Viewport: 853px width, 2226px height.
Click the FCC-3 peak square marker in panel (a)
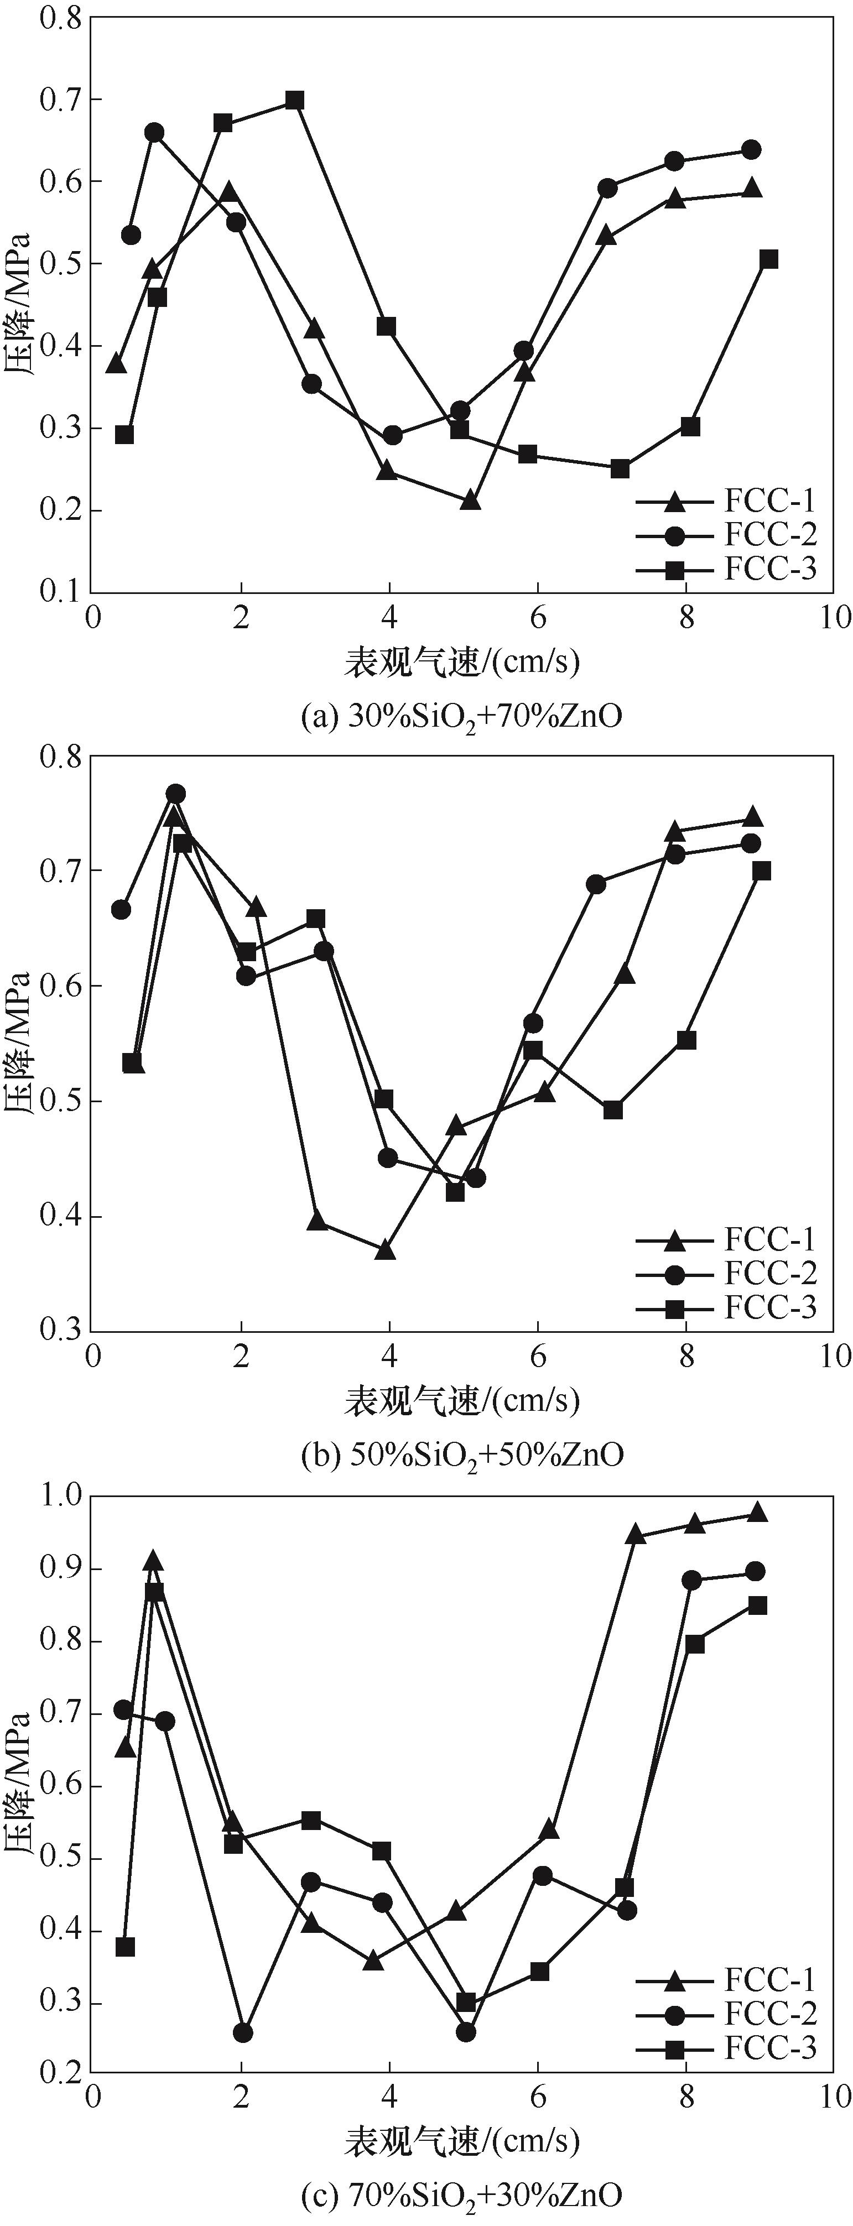click(x=295, y=100)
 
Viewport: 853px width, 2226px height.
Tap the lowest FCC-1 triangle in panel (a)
click(x=470, y=501)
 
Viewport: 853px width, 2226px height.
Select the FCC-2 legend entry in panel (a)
click(x=769, y=535)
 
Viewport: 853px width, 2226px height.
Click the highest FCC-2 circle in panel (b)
click(x=175, y=793)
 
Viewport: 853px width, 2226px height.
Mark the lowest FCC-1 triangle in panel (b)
click(x=386, y=1250)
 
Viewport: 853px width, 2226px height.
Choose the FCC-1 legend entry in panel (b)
click(x=769, y=1240)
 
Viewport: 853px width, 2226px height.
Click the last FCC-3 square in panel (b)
click(x=761, y=871)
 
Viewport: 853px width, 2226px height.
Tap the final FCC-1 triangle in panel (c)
click(x=757, y=1512)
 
